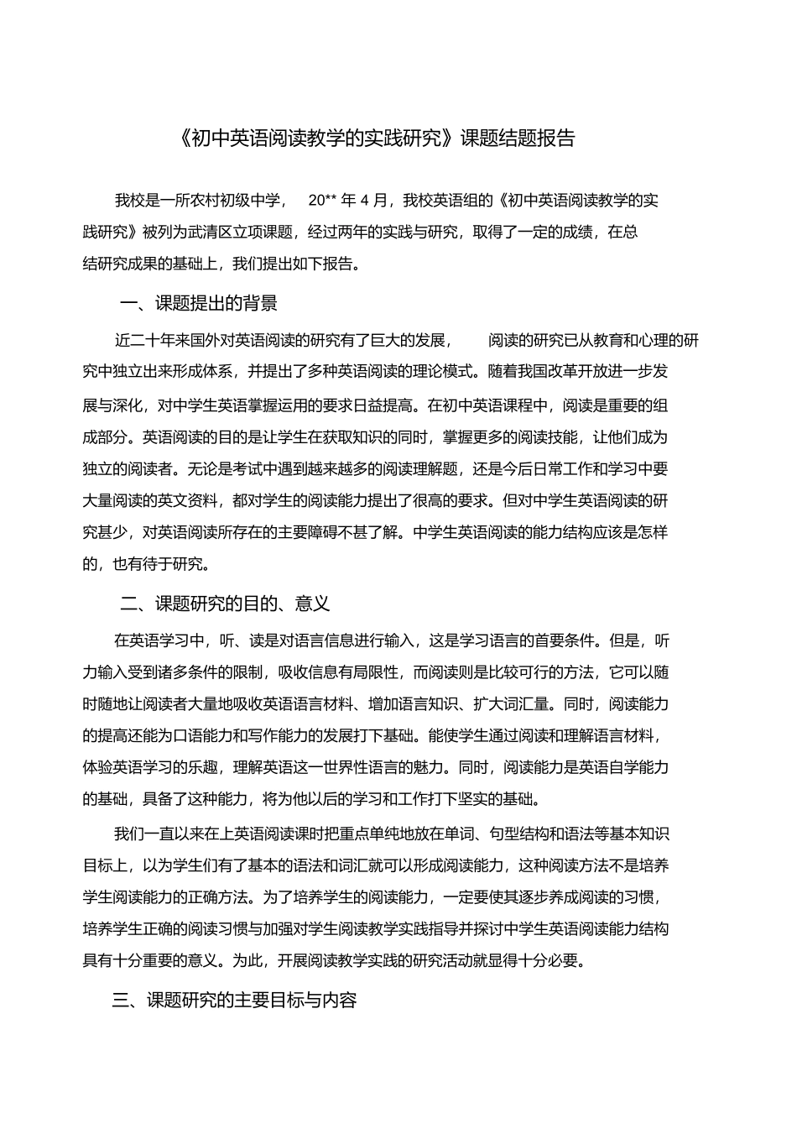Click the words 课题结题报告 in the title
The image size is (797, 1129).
point(518,139)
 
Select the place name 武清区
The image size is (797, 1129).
point(210,232)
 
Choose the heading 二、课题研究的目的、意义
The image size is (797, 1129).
point(226,604)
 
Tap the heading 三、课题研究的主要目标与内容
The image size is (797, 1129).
point(235,1001)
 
